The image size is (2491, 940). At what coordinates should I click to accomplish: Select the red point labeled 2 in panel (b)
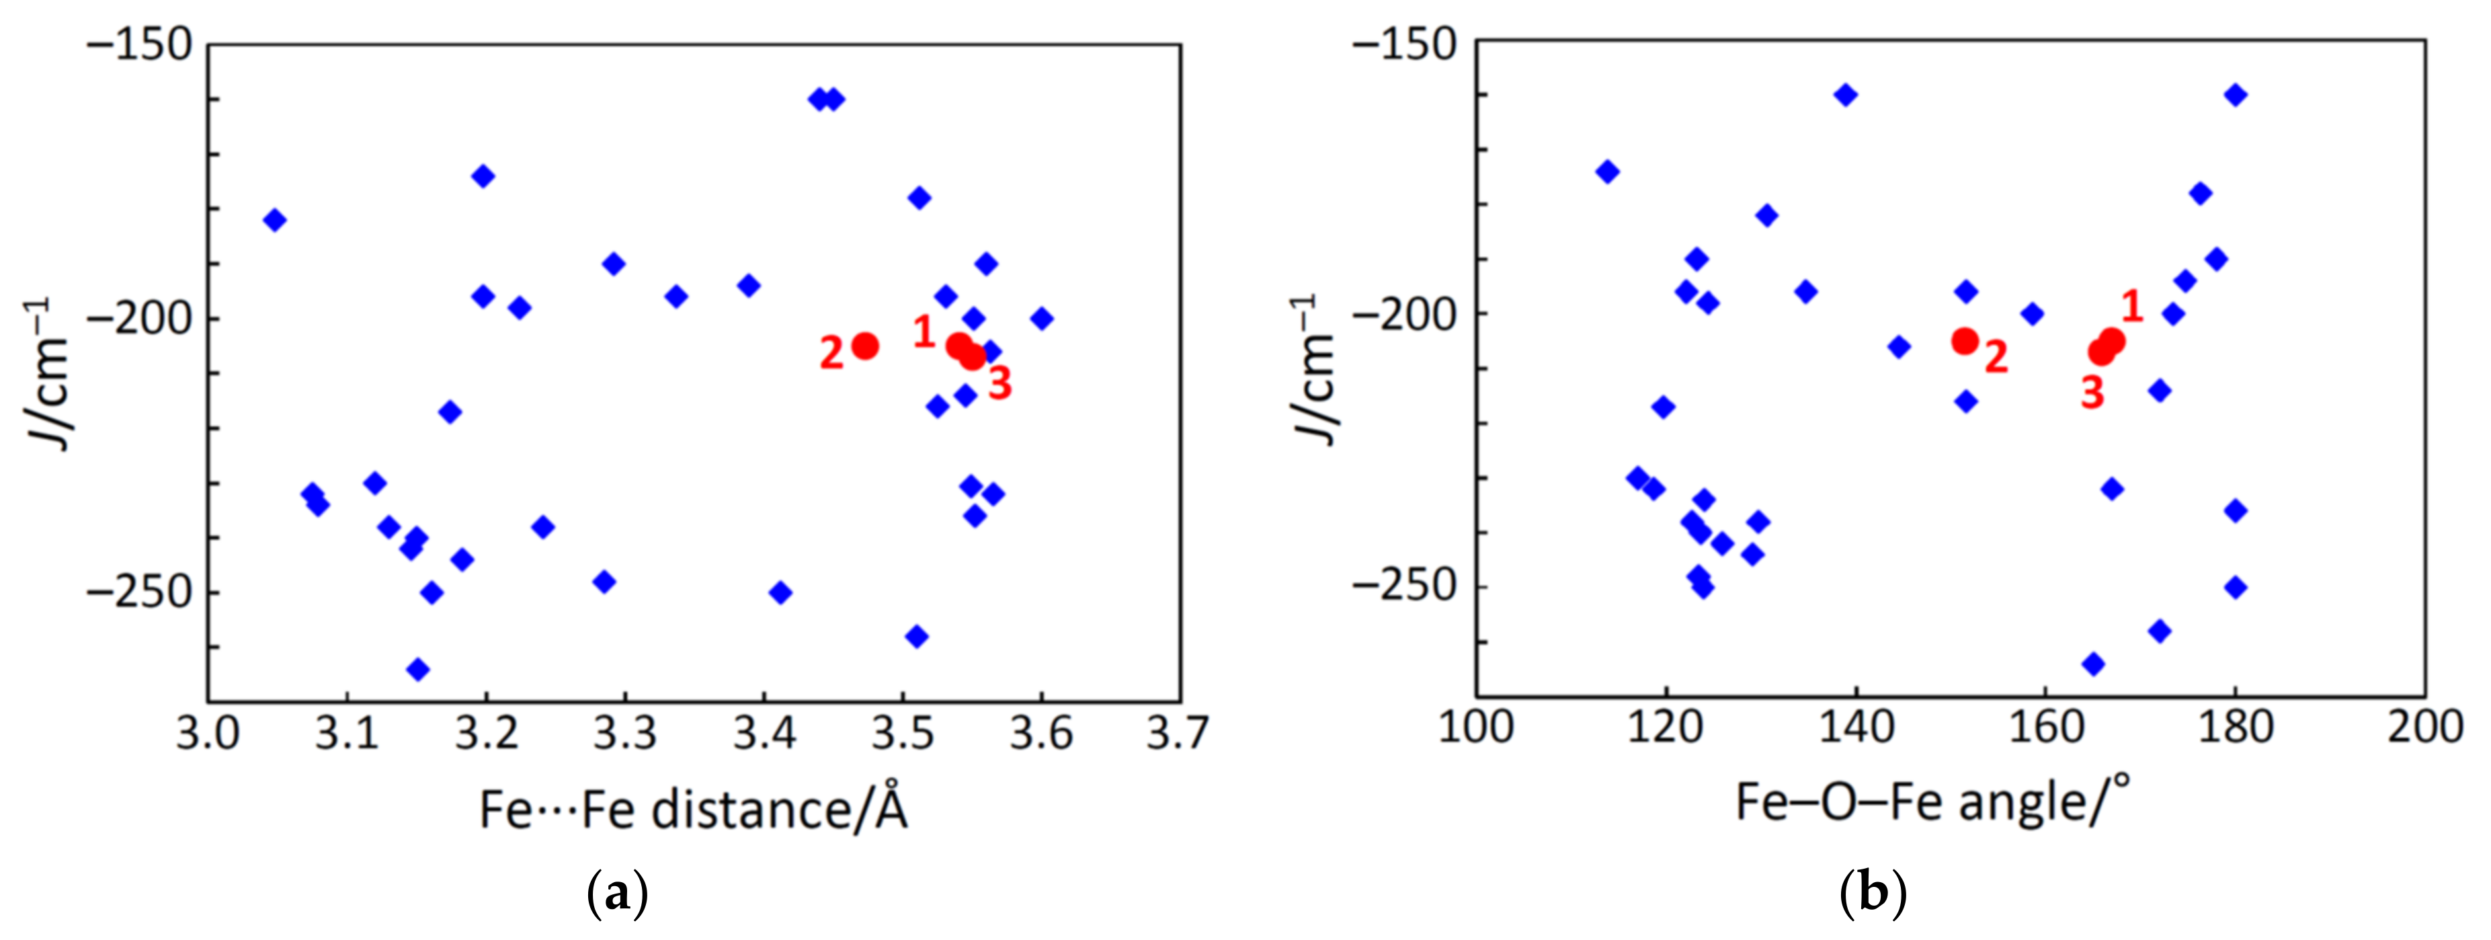click(x=1964, y=340)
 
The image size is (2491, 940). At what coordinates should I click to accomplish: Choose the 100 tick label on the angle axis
click(x=1475, y=726)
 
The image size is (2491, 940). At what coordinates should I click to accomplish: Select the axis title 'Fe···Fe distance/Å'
click(x=694, y=810)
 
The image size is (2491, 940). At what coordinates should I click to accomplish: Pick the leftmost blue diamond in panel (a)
click(x=275, y=219)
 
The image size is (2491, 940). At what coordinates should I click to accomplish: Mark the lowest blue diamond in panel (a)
click(x=418, y=668)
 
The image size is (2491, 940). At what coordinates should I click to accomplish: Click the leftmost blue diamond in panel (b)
click(x=1607, y=172)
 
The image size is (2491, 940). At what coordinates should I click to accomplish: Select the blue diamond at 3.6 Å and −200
click(x=1040, y=318)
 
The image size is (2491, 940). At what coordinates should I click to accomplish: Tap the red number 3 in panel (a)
click(x=1000, y=384)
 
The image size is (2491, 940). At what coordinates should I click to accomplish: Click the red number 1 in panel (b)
click(x=2132, y=307)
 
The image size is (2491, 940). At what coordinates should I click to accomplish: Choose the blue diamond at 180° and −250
click(x=2235, y=587)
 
